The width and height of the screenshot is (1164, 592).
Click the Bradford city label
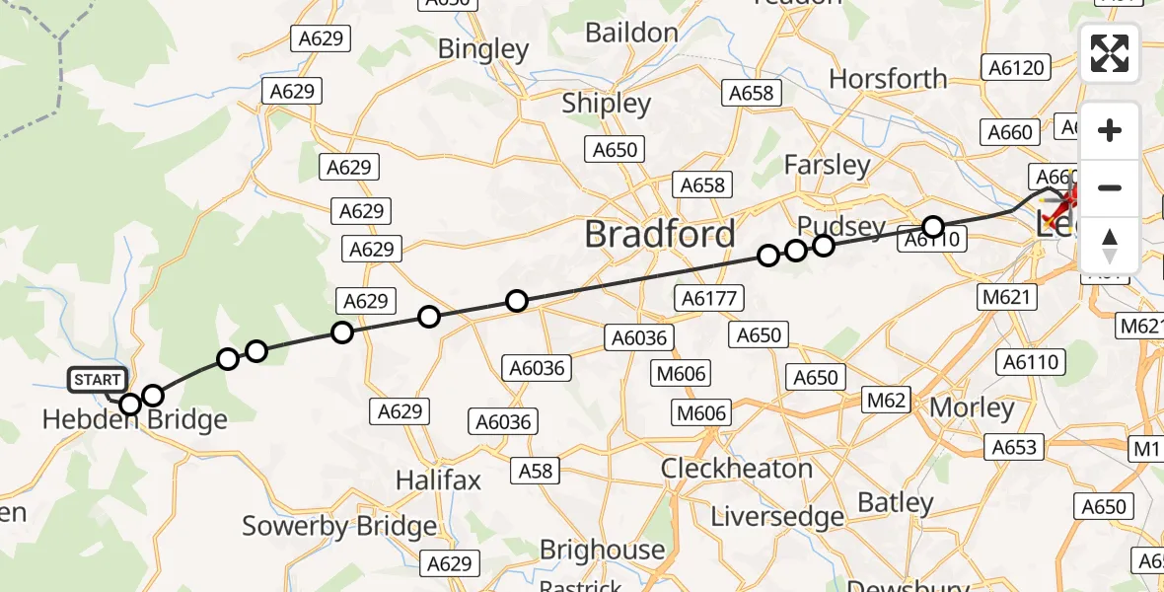pos(659,234)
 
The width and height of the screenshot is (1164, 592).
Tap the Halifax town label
pos(438,481)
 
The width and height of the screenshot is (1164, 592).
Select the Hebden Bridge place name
pos(135,420)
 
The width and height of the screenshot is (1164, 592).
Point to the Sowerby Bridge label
pos(339,526)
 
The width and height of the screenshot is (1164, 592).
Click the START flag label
pos(97,380)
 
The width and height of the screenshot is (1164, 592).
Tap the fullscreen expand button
pos(1110,53)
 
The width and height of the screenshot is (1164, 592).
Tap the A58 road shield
pos(536,472)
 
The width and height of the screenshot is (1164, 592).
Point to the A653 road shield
pos(1014,447)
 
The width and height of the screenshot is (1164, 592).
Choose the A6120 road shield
pos(1015,67)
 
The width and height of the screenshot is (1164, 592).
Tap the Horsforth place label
pos(888,78)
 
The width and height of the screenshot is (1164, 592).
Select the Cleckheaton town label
pos(737,468)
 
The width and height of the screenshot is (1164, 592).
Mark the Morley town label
pos(972,407)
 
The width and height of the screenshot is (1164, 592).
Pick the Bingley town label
pos(483,48)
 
